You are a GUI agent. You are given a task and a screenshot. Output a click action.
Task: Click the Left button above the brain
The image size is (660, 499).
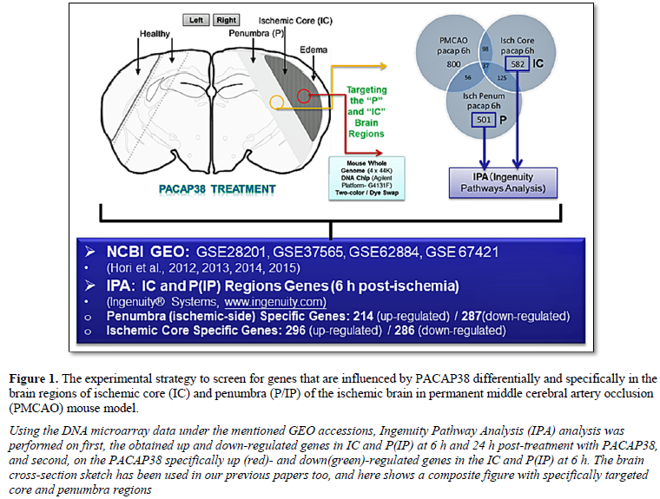[197, 19]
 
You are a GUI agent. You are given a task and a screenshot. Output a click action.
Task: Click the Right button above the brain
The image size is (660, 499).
[227, 19]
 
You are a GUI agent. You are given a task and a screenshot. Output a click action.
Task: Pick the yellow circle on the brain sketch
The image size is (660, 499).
[277, 103]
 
